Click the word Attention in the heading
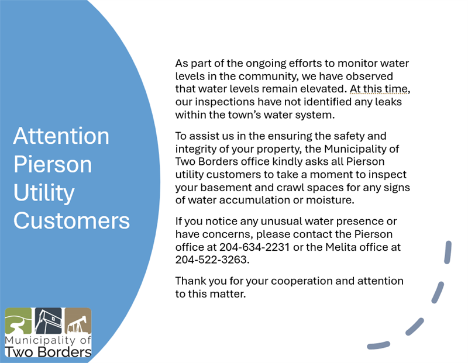point(61,136)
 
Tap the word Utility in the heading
point(44,193)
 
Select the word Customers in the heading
point(71,221)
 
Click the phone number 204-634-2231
point(254,247)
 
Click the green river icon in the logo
point(18,321)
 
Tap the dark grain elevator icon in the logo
point(49,321)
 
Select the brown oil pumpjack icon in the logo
point(78,321)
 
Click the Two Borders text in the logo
point(48,352)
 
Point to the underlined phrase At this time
point(378,89)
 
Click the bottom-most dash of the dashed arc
point(378,345)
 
